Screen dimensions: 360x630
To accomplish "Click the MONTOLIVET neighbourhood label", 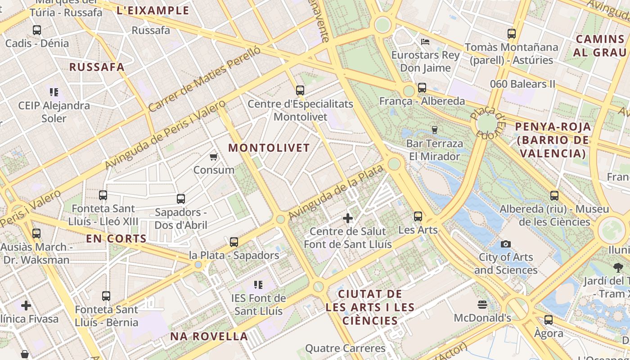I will pyautogui.click(x=269, y=148).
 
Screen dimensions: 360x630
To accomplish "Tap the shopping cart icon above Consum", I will pyautogui.click(x=214, y=157).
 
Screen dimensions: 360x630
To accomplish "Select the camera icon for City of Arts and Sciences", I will pyautogui.click(x=506, y=244).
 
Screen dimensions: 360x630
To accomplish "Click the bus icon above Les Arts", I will pyautogui.click(x=418, y=216).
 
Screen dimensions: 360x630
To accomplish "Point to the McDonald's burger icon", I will pyautogui.click(x=482, y=305).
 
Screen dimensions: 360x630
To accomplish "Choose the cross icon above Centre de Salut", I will pyautogui.click(x=348, y=218).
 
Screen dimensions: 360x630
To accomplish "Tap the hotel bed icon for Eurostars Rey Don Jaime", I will pyautogui.click(x=425, y=42).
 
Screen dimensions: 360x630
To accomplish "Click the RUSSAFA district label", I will pyautogui.click(x=97, y=67).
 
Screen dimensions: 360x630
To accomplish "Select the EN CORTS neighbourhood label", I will pyautogui.click(x=117, y=238).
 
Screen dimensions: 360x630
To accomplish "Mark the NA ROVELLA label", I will pyautogui.click(x=209, y=336).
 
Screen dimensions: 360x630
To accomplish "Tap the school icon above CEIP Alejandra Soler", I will pyautogui.click(x=54, y=92).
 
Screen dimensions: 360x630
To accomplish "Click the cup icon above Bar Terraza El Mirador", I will pyautogui.click(x=434, y=130).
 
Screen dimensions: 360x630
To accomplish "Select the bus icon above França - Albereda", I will pyautogui.click(x=422, y=88).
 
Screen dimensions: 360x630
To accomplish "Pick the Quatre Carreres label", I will pyautogui.click(x=345, y=348).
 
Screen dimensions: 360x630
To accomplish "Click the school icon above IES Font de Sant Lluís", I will pyautogui.click(x=258, y=284).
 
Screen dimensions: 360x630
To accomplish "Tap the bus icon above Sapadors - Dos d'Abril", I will pyautogui.click(x=181, y=198).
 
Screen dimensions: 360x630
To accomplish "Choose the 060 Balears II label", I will pyautogui.click(x=522, y=84).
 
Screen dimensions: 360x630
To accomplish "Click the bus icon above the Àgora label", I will pyautogui.click(x=549, y=320).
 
